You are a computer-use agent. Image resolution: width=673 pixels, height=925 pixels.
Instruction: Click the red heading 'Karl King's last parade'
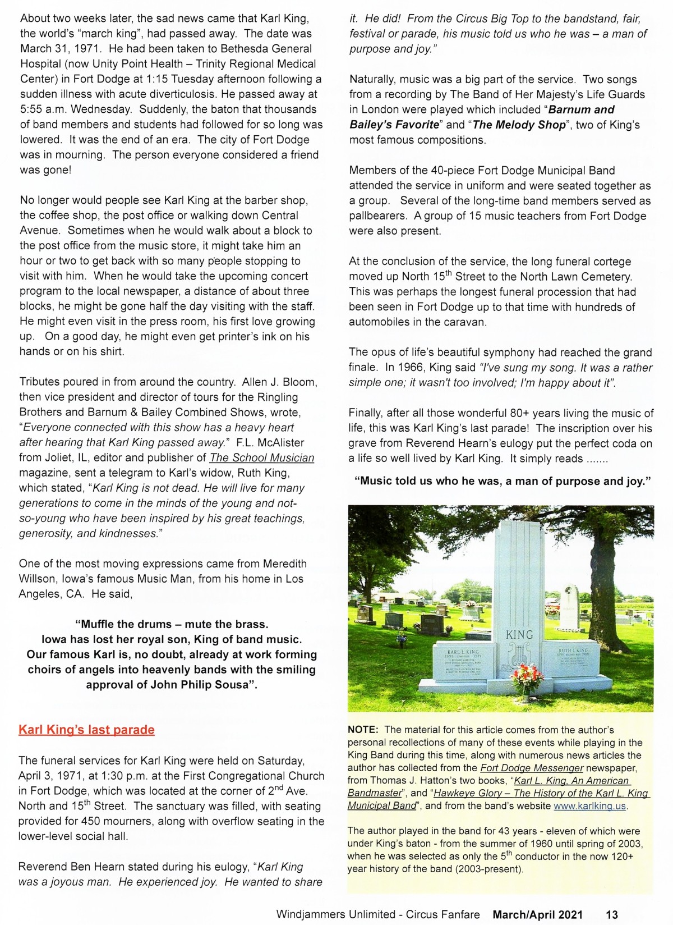86,730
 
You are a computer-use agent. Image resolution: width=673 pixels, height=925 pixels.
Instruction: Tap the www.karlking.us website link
590,806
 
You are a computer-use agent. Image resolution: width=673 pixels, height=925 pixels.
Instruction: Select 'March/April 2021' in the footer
538,914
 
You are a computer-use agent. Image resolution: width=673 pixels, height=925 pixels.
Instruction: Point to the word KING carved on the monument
519,635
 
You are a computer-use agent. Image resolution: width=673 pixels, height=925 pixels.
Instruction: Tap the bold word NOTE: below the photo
363,730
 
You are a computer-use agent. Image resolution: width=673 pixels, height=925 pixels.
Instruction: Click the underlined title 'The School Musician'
262,458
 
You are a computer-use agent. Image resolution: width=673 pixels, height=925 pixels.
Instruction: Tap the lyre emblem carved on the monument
519,657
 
